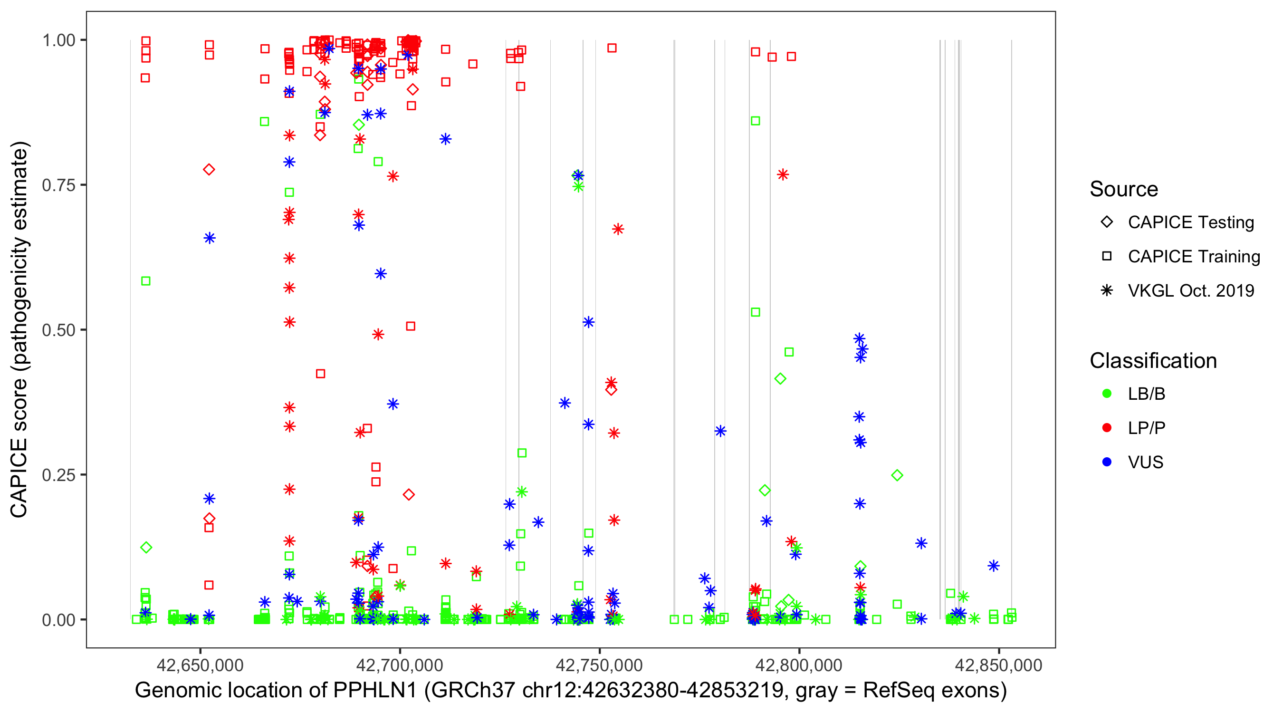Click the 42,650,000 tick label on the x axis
tap(200, 665)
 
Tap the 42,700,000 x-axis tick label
tap(400, 665)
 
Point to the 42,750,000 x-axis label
tap(599, 665)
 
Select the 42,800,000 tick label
tap(799, 665)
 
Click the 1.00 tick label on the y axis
tap(58, 40)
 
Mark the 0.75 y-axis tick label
tap(58, 185)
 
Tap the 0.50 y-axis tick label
tap(58, 330)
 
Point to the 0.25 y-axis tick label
tap(58, 475)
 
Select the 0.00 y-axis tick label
tap(58, 620)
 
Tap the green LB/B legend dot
tap(1107, 394)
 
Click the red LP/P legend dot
tap(1107, 428)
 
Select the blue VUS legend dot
tap(1107, 462)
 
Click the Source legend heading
tap(1124, 189)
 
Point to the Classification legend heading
tap(1153, 361)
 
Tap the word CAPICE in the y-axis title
tap(19, 478)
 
